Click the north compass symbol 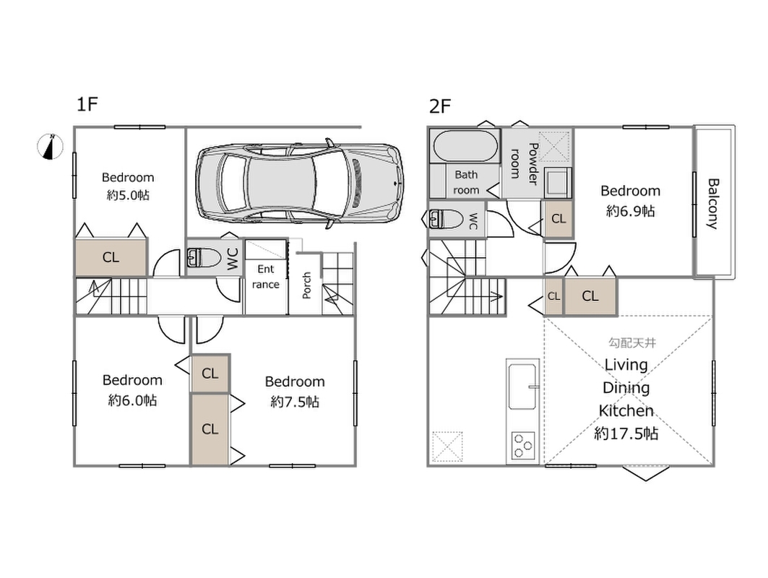[51, 147]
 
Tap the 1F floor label [87, 104]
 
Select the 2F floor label [439, 105]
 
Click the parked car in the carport [300, 184]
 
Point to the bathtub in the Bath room [464, 146]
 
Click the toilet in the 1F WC [204, 257]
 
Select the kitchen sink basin [522, 386]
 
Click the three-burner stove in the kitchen [522, 445]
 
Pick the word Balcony [713, 204]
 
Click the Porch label [306, 285]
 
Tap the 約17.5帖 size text [626, 433]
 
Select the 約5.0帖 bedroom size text [128, 196]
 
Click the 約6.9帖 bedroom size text [631, 211]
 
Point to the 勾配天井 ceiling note [632, 343]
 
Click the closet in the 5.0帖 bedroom [111, 256]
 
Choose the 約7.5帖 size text [295, 402]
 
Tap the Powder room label [524, 163]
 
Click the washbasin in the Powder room [557, 181]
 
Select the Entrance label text [265, 277]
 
